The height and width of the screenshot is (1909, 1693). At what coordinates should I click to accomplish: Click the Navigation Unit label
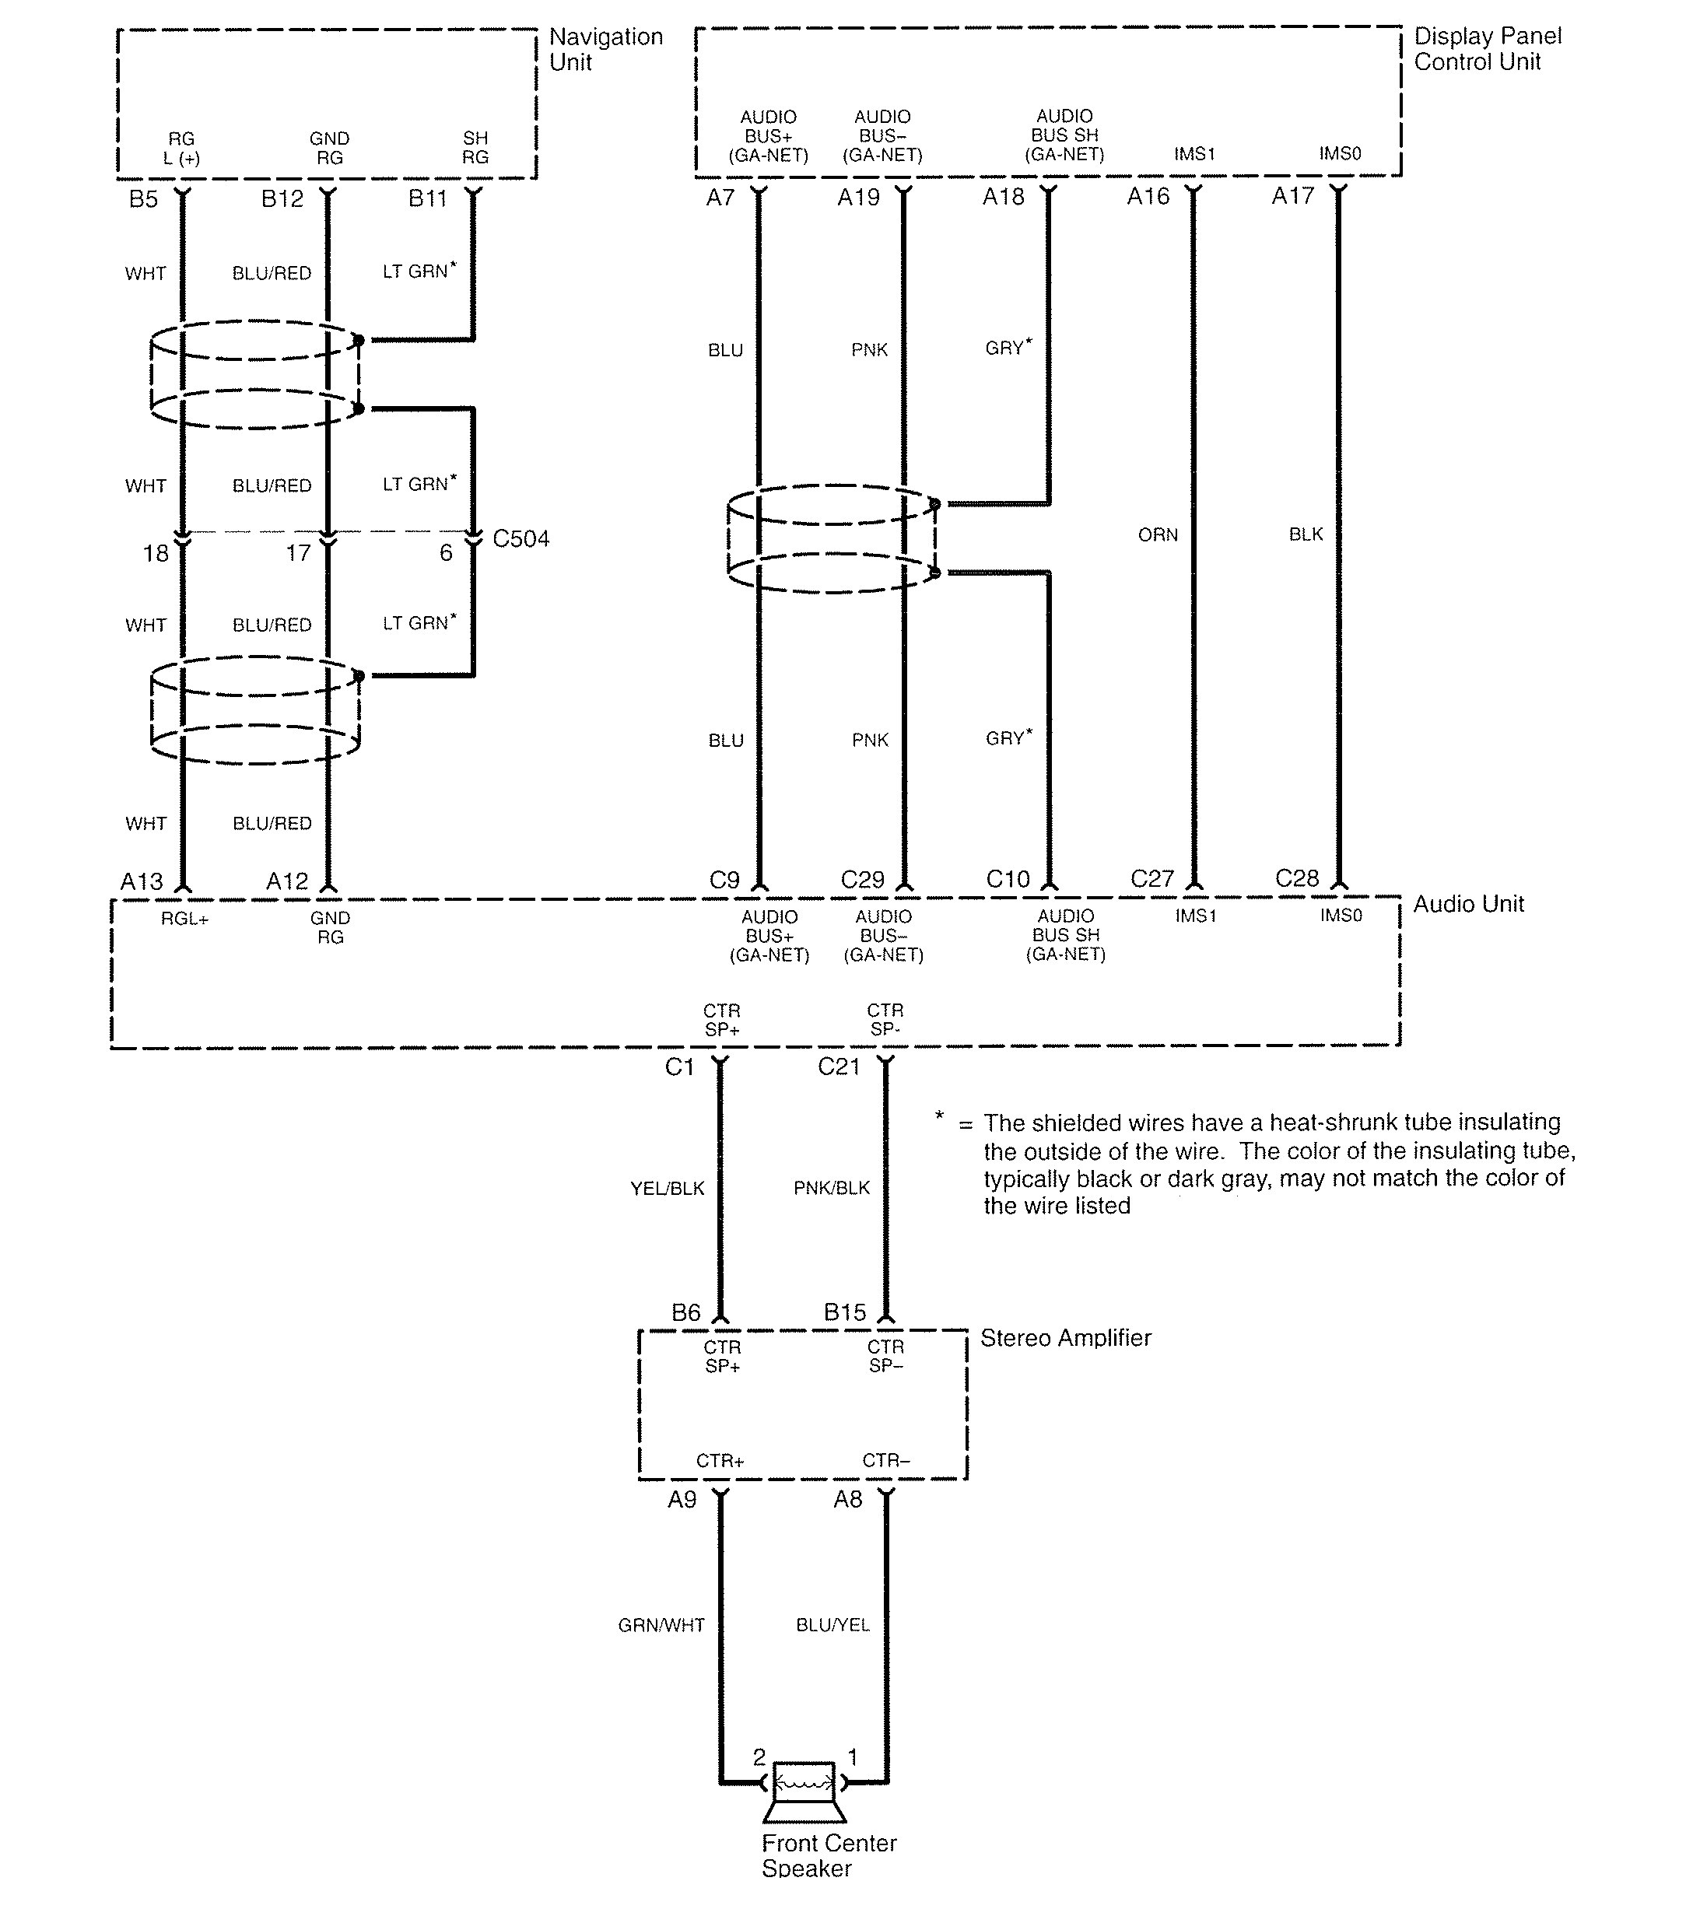(605, 50)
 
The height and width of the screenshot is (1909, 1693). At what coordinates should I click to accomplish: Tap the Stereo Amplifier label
(1065, 1337)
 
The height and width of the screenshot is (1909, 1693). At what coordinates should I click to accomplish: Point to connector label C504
(521, 539)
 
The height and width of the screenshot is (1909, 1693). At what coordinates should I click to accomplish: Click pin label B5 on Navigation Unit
(143, 199)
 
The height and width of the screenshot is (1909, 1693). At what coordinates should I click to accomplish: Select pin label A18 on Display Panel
(1003, 197)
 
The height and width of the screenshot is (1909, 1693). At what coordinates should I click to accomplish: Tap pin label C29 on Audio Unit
(861, 880)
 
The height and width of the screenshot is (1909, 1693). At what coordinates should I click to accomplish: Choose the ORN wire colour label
(1158, 535)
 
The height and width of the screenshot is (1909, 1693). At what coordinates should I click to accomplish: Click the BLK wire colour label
(1306, 534)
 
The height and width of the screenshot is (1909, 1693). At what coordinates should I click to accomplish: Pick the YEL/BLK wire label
(667, 1188)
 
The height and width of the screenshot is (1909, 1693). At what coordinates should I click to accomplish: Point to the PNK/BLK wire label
(831, 1188)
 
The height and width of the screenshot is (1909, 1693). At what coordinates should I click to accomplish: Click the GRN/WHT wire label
(661, 1625)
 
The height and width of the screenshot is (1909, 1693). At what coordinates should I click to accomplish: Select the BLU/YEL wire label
(832, 1625)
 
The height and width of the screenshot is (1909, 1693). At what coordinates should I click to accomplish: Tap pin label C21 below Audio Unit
(838, 1067)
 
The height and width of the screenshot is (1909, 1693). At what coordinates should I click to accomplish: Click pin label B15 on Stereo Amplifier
(845, 1312)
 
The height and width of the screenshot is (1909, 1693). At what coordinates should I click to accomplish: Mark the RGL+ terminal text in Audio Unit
(184, 919)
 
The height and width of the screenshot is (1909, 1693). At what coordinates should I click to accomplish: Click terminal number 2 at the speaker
(759, 1758)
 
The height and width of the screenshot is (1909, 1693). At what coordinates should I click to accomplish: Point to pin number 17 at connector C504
(298, 554)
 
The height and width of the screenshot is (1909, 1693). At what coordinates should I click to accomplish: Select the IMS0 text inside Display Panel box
(1340, 153)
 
